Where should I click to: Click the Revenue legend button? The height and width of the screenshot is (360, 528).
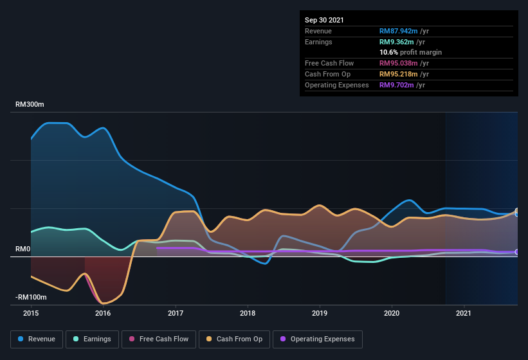pos(37,339)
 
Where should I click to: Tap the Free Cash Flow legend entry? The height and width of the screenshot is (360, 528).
pos(159,339)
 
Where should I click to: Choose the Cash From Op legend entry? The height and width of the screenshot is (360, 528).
pos(234,339)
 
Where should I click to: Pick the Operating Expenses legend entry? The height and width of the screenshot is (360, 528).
pos(318,339)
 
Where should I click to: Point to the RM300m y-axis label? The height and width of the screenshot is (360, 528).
pos(30,104)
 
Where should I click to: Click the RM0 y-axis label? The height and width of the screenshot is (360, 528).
pos(23,249)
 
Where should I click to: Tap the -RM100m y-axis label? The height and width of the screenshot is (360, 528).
pos(31,297)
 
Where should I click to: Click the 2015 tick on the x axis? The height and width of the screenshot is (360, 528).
pos(31,313)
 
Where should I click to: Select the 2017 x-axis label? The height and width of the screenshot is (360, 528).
pos(176,313)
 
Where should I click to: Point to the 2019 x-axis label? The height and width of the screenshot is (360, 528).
pos(320,313)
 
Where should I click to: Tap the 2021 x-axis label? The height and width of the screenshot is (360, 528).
pos(464,313)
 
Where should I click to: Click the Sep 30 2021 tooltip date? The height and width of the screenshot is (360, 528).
pos(324,20)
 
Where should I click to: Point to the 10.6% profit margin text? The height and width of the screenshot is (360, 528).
pos(410,52)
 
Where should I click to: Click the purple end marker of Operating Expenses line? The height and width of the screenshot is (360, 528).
pos(517,252)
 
